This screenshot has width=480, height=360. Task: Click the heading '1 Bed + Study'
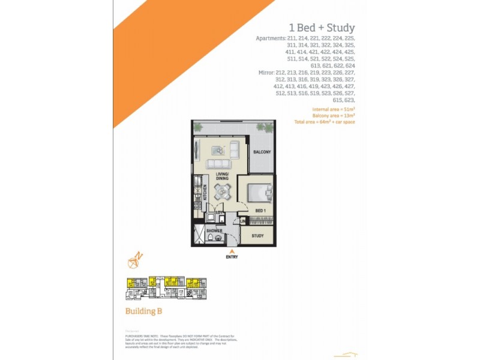322,28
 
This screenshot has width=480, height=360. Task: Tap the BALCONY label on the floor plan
262,152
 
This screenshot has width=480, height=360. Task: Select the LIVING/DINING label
223,176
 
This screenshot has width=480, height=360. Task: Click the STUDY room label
258,236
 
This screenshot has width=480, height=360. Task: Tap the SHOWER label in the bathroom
214,231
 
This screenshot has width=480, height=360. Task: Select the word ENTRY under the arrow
232,257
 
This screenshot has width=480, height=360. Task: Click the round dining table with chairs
224,191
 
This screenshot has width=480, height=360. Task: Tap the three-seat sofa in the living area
218,164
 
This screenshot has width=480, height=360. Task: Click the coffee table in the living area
217,151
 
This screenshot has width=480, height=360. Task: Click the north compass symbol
134,260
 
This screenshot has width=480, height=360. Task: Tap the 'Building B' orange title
143,311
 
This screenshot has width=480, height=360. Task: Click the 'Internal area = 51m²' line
333,110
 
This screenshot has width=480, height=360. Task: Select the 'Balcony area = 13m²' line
334,116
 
